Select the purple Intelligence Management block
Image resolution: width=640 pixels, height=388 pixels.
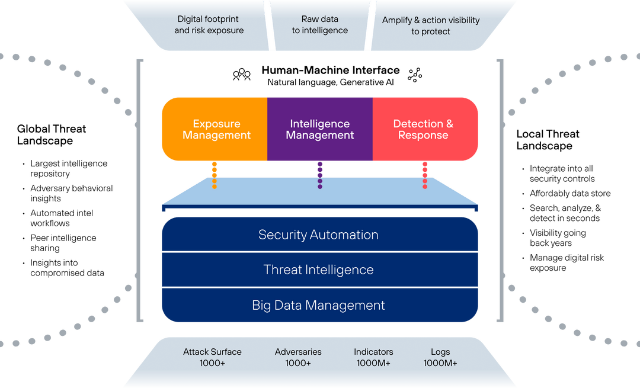tap(320, 129)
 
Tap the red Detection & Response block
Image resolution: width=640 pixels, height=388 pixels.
tap(423, 129)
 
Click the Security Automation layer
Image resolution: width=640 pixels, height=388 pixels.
tap(319, 235)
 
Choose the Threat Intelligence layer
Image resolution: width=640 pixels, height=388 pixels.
tap(319, 270)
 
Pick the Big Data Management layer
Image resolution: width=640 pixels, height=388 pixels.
tap(319, 306)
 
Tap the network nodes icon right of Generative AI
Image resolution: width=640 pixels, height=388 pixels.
tap(415, 74)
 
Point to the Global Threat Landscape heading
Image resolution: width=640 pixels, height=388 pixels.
tap(51, 134)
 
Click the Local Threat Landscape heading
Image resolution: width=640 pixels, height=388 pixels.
tap(548, 140)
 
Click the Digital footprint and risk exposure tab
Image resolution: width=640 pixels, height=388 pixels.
tap(209, 25)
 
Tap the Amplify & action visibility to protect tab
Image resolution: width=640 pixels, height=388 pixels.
tap(431, 25)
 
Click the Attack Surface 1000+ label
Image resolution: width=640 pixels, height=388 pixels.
tap(212, 357)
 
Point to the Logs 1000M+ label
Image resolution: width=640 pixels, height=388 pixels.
tap(440, 357)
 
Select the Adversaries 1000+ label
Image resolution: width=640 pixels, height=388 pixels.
tap(298, 357)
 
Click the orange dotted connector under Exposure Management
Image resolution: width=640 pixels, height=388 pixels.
tap(215, 175)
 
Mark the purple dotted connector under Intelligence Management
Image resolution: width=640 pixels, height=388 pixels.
tap(320, 175)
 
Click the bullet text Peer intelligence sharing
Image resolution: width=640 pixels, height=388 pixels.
tap(63, 243)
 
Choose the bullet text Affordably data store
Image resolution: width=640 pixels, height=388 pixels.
tap(569, 193)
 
